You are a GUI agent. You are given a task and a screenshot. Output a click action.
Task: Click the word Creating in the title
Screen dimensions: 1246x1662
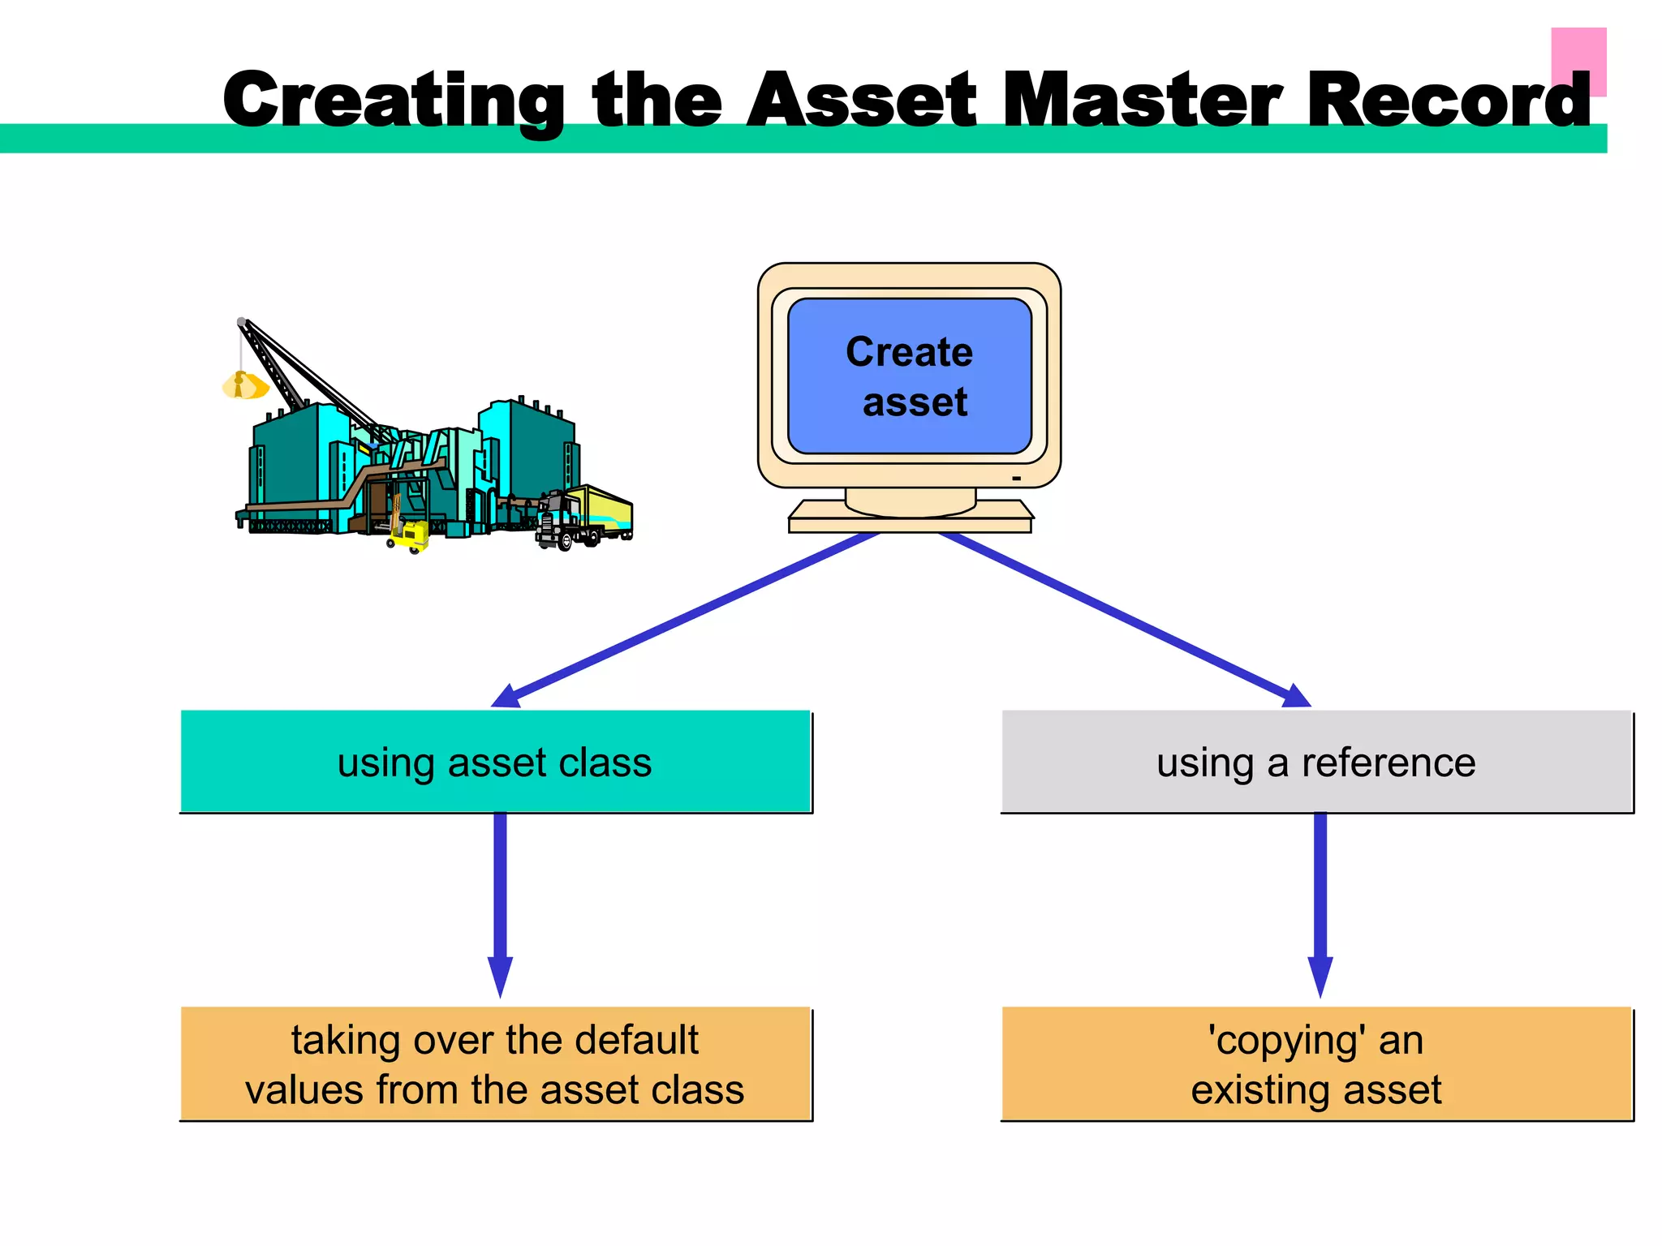(x=394, y=101)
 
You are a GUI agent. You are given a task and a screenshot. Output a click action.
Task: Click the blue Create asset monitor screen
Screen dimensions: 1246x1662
(x=909, y=376)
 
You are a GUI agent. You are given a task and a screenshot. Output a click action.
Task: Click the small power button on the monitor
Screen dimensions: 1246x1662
(x=1016, y=479)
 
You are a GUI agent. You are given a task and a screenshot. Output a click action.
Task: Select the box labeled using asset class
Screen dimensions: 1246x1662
(x=495, y=762)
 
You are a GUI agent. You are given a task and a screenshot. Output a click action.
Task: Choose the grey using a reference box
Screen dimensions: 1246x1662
(x=1316, y=762)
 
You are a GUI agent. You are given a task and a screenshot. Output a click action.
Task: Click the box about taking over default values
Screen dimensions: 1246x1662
(x=495, y=1063)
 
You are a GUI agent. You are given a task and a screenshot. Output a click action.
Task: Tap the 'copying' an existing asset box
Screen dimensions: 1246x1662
(x=1316, y=1063)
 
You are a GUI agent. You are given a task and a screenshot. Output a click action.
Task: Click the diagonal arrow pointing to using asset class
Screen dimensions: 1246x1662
(x=690, y=617)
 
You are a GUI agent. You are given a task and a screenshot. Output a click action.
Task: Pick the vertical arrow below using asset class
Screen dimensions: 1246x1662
(x=500, y=900)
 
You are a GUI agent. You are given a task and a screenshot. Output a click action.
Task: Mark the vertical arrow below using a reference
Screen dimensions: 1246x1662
(x=1320, y=900)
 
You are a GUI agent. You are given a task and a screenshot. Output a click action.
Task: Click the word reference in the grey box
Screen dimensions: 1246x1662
(x=1389, y=763)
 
